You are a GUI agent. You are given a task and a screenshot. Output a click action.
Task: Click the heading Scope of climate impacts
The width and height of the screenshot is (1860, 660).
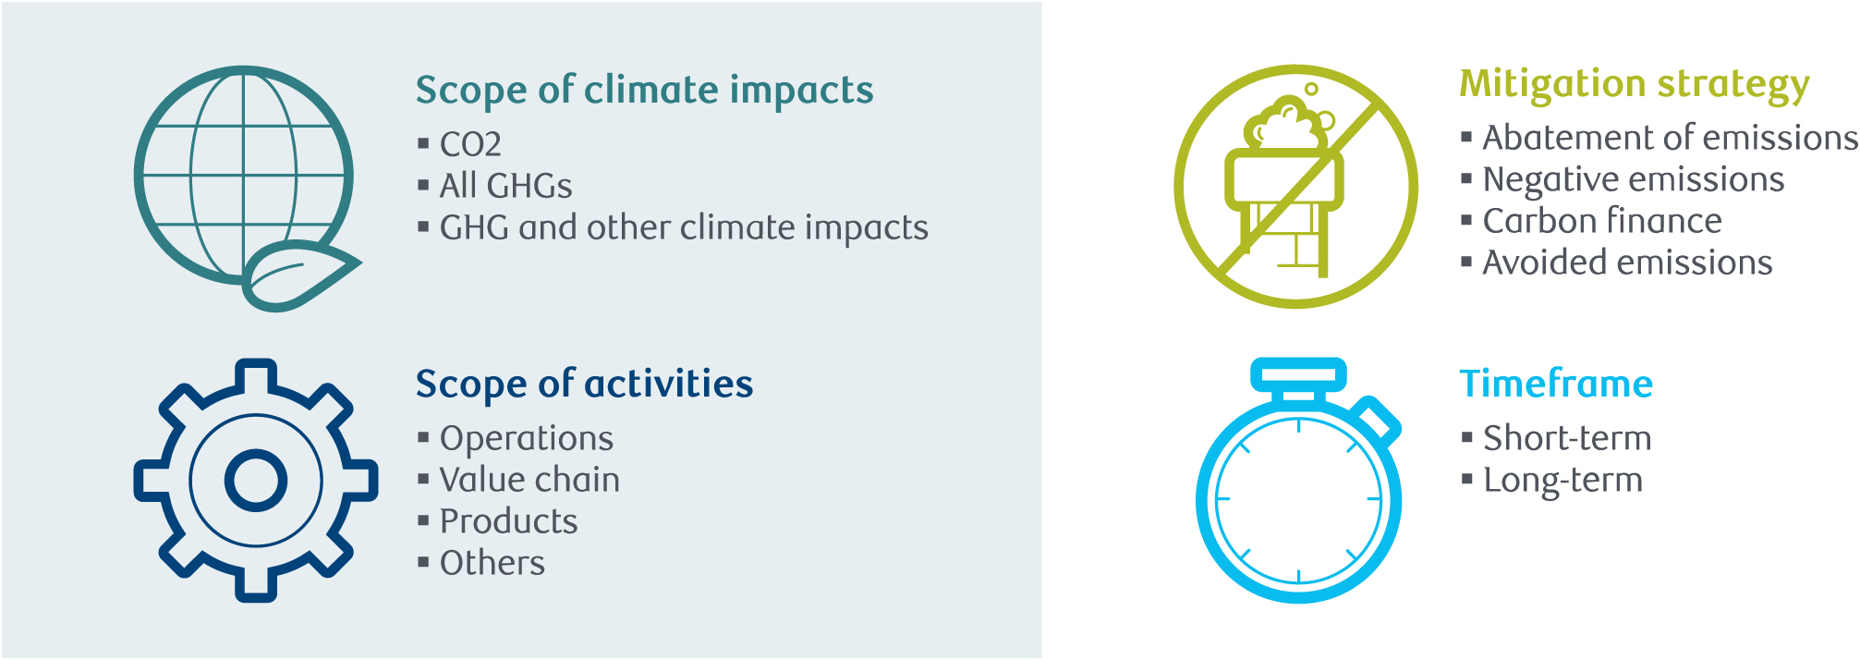pyautogui.click(x=644, y=91)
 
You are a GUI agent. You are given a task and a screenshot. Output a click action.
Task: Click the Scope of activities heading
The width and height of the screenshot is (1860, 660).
pyautogui.click(x=584, y=385)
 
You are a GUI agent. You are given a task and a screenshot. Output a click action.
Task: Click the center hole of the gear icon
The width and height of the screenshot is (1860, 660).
pyautogui.click(x=256, y=481)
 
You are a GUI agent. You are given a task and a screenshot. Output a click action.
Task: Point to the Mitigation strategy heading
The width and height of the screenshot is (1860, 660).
pyautogui.click(x=1635, y=84)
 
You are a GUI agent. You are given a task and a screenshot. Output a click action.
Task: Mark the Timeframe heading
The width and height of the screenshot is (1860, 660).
pyautogui.click(x=1556, y=385)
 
